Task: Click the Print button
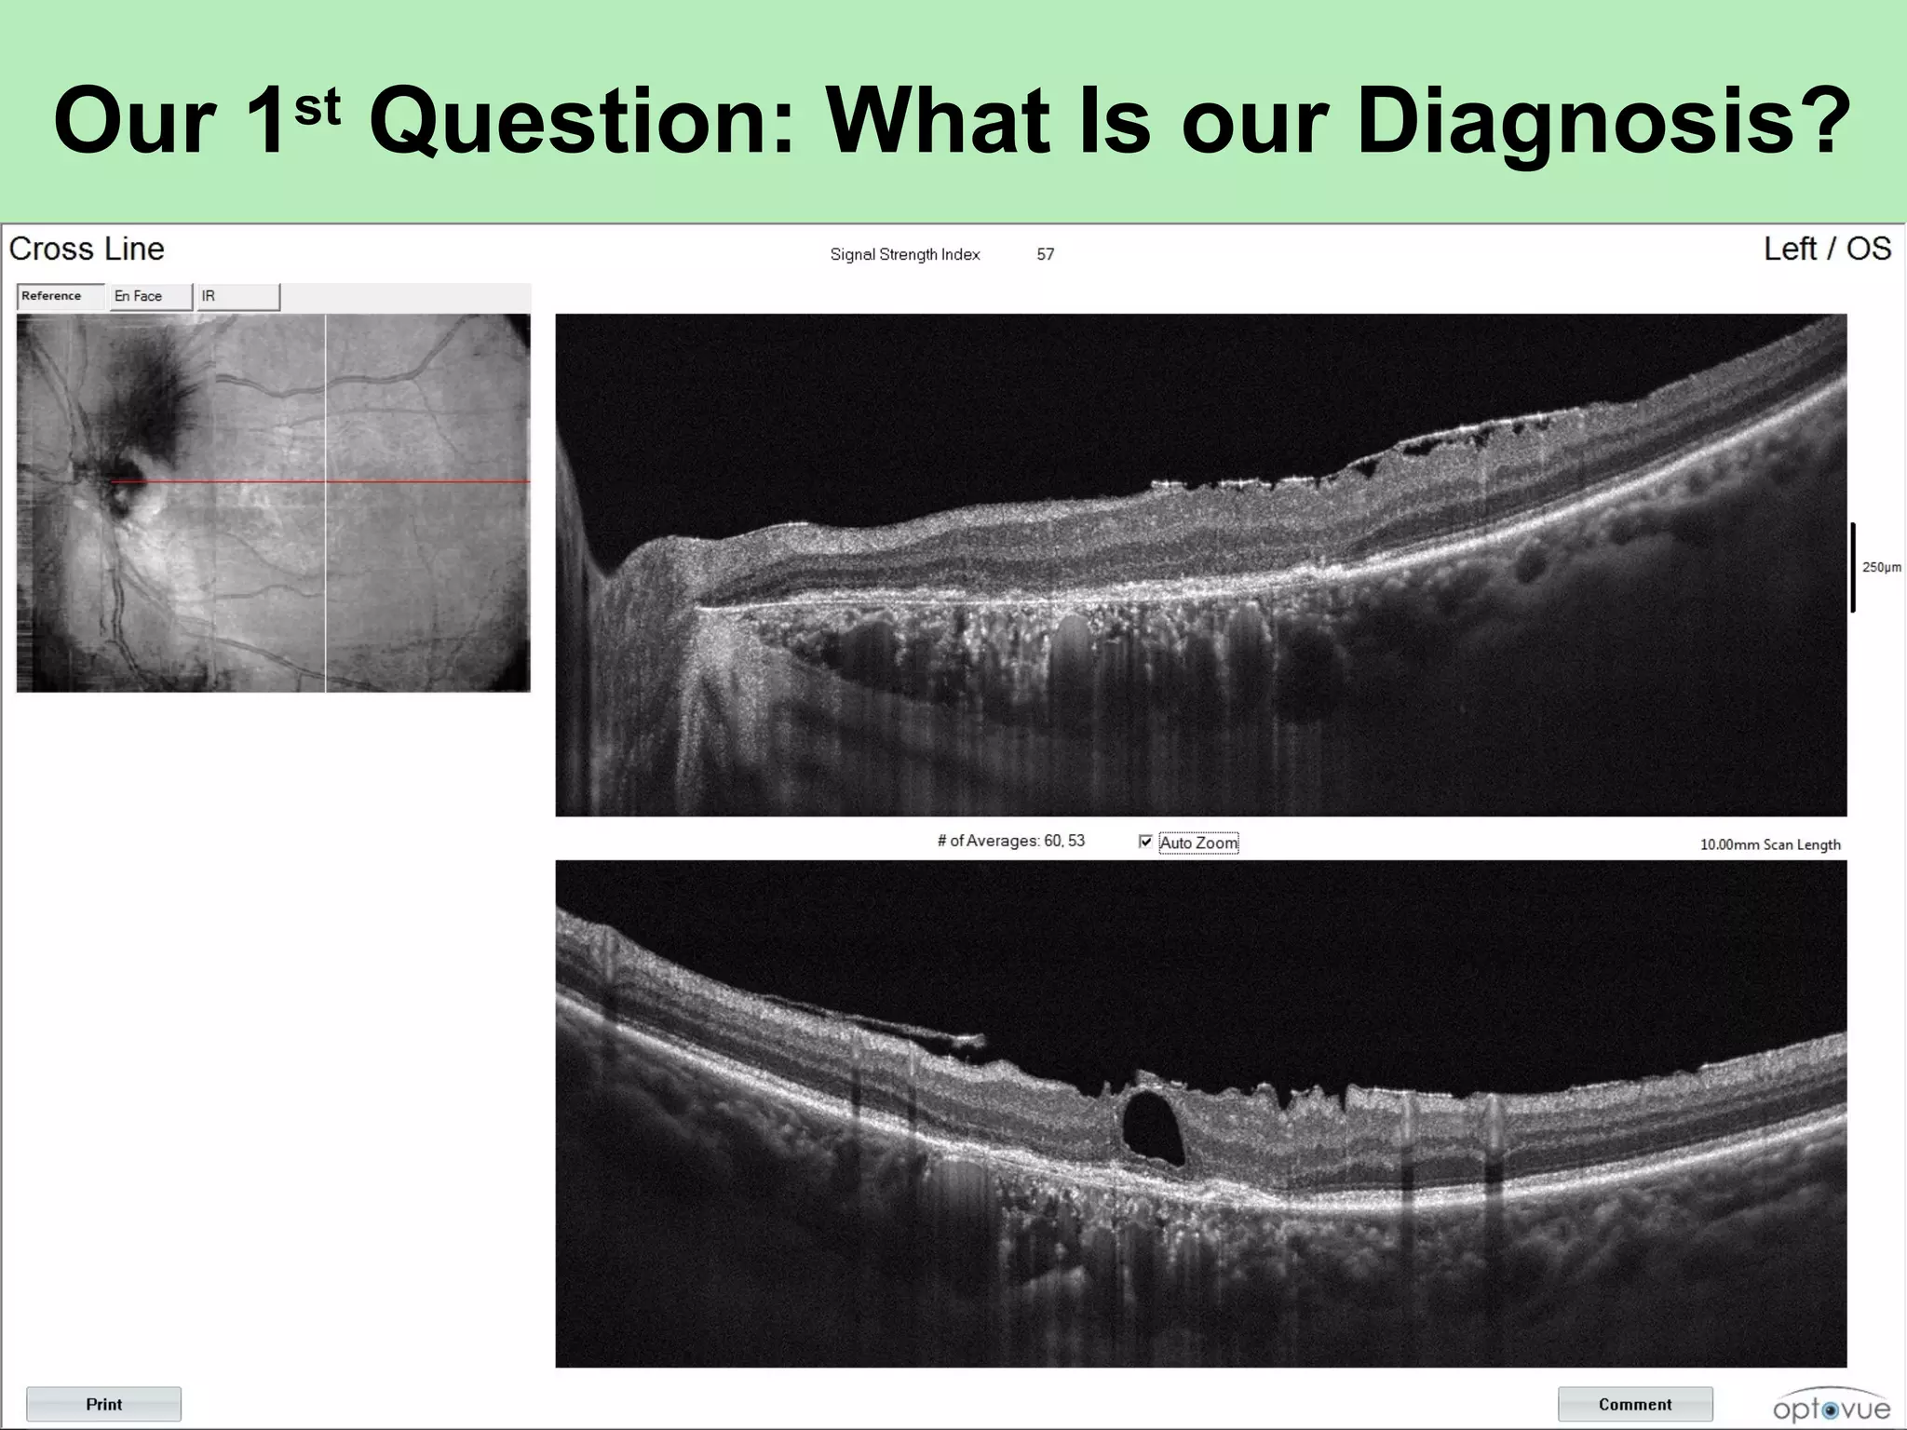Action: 103,1404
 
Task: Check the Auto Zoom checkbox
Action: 1145,842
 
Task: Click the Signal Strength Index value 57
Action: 1045,254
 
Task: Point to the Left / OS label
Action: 1826,249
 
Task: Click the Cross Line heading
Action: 87,249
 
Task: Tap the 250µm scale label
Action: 1881,567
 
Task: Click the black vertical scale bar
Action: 1853,567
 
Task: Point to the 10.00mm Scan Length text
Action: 1769,844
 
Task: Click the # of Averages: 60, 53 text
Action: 1010,841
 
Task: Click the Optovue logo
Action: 1831,1408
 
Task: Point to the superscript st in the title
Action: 317,109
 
